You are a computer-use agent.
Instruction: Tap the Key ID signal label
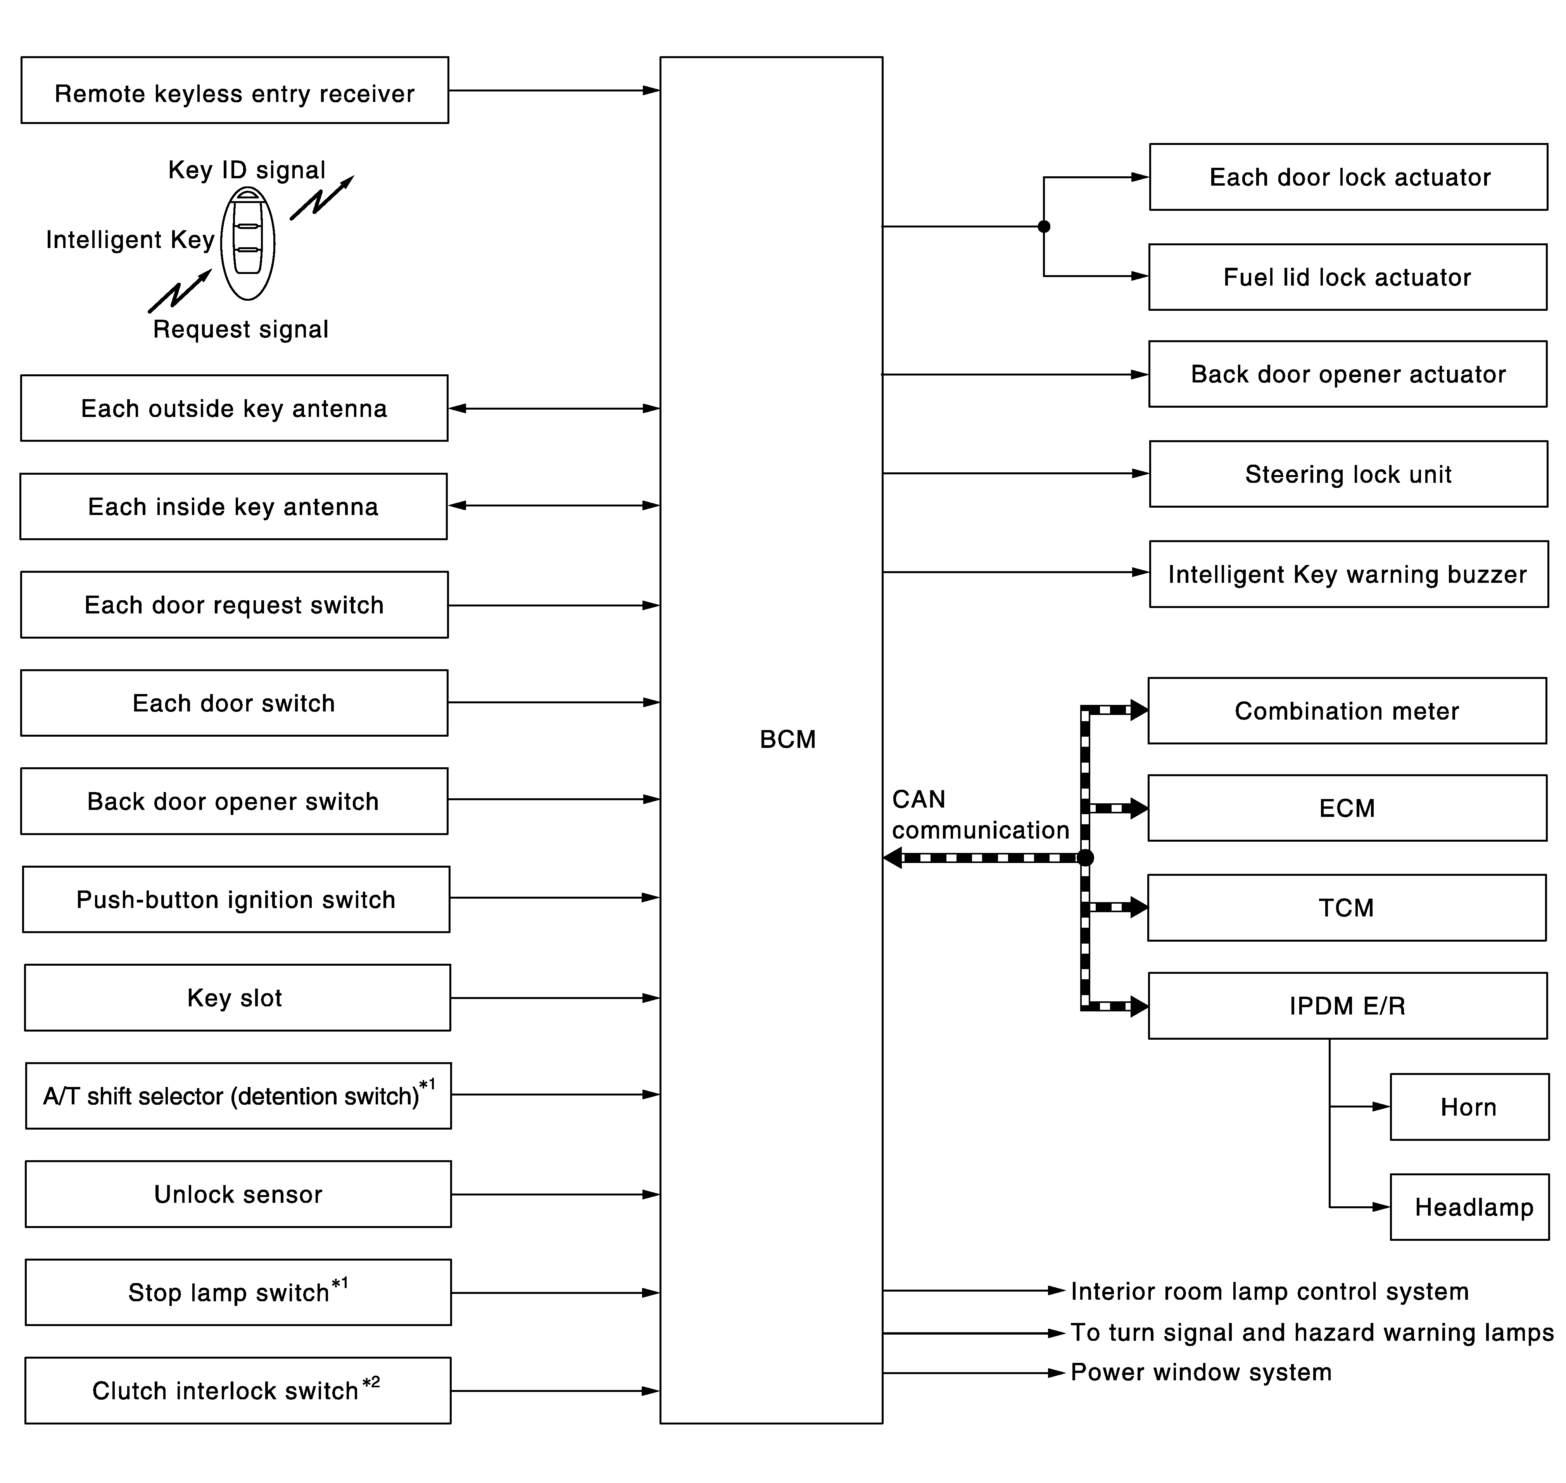coord(247,170)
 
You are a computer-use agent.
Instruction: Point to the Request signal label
coord(240,329)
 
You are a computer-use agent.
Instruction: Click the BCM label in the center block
coord(787,739)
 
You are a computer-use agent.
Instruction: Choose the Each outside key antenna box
coord(234,408)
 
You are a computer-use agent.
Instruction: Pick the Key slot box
coord(237,997)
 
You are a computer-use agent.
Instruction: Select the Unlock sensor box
coord(238,1194)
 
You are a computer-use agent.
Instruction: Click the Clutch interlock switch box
coord(237,1390)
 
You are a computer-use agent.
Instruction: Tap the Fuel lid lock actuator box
coord(1347,277)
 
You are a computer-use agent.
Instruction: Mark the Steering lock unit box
coord(1348,474)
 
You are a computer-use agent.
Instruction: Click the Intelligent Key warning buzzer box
coord(1348,574)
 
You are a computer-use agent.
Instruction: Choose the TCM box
coord(1346,908)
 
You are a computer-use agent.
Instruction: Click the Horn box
coord(1469,1107)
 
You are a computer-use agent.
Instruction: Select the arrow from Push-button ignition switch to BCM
coord(554,897)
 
